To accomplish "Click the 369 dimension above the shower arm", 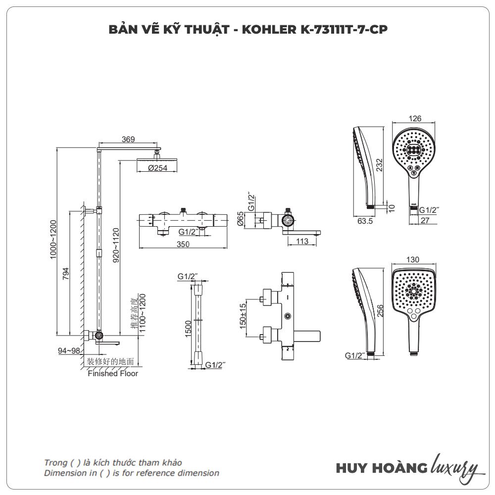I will tap(128, 140).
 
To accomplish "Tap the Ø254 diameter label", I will tap(158, 168).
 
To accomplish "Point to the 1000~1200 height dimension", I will tap(53, 240).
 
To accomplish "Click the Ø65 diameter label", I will tap(241, 218).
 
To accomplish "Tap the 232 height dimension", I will tap(379, 163).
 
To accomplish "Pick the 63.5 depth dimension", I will tap(364, 221).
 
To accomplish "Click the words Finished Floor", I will tap(113, 374).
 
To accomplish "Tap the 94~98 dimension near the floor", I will tap(69, 351).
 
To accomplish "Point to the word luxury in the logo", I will tap(455, 467).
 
